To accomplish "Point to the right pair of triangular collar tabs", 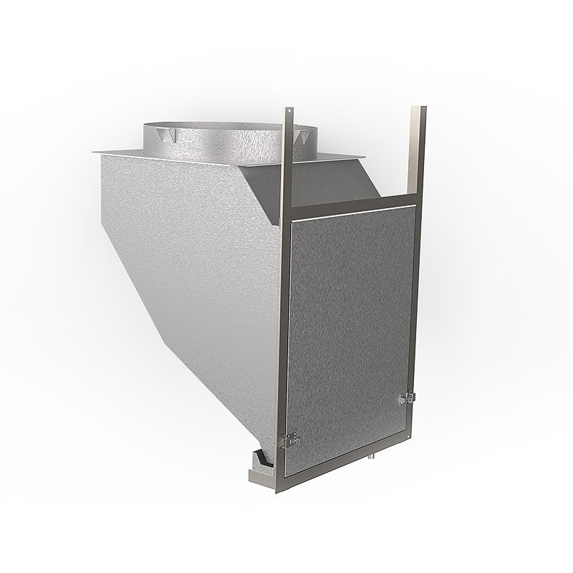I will click(x=297, y=135).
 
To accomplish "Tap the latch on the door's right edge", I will click(x=406, y=396).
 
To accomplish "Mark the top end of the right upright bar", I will click(x=418, y=109).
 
